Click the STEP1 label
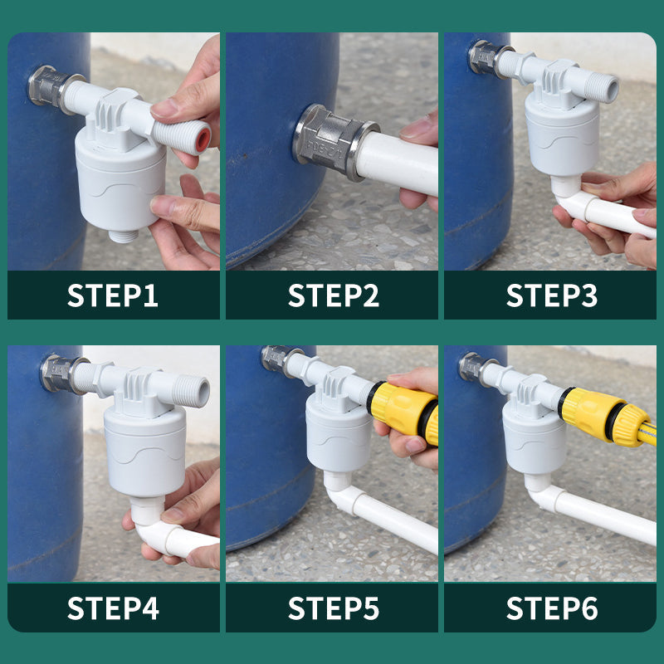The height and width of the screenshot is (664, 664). [x=113, y=295]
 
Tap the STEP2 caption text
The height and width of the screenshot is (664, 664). [x=334, y=295]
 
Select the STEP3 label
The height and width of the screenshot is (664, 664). [x=552, y=295]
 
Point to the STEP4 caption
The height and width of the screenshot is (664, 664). [x=113, y=608]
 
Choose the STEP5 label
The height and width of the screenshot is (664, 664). [x=334, y=608]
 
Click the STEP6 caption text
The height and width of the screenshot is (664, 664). [x=552, y=608]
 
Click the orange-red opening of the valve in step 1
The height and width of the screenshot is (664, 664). [x=203, y=139]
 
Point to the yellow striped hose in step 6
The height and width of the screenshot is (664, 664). [x=647, y=437]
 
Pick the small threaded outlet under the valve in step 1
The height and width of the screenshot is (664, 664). [x=123, y=236]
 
